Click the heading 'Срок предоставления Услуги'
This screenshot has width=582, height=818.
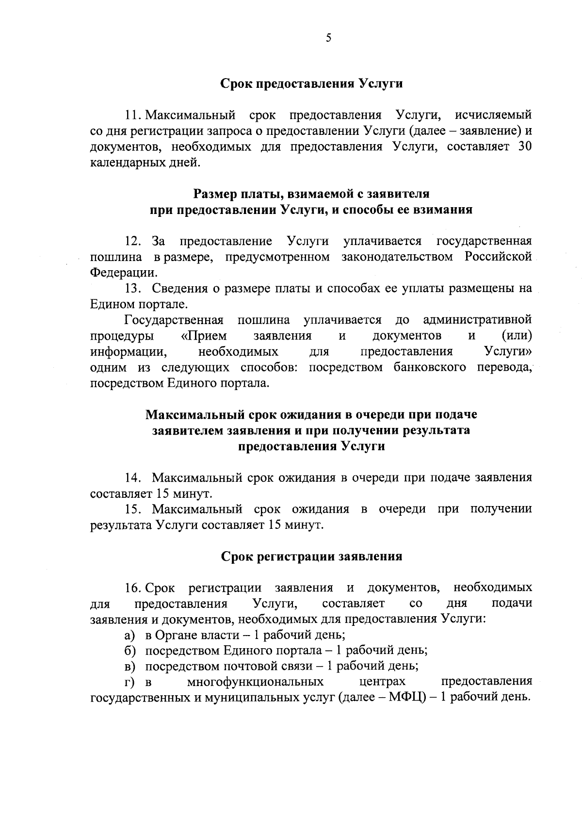[x=312, y=83]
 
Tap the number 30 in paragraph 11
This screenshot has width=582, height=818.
[x=525, y=147]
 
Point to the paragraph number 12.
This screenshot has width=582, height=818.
[x=132, y=241]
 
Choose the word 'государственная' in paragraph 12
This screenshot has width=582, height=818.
[x=484, y=241]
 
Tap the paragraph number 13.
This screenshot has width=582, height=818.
[x=132, y=288]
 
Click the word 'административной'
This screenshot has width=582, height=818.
[x=477, y=320]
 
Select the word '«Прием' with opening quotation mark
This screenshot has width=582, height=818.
[x=200, y=336]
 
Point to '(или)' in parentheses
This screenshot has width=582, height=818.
[x=517, y=336]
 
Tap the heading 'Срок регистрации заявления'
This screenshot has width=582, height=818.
[x=312, y=556]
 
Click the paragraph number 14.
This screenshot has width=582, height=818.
[x=132, y=477]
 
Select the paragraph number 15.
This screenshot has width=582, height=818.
[x=132, y=509]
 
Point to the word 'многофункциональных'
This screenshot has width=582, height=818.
[x=256, y=682]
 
